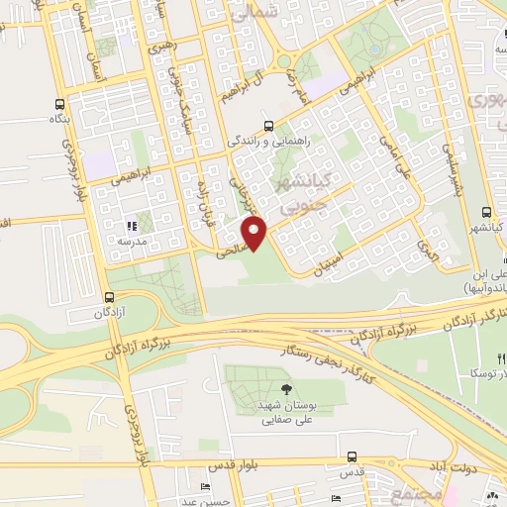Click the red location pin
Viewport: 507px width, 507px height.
pos(255,232)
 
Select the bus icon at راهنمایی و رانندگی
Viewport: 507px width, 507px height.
pos(268,126)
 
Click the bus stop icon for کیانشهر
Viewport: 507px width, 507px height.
pos(486,212)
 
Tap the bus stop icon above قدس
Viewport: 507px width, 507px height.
pos(353,456)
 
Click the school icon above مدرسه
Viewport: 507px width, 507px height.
pos(132,226)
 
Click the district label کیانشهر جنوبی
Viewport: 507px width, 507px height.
pos(298,194)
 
